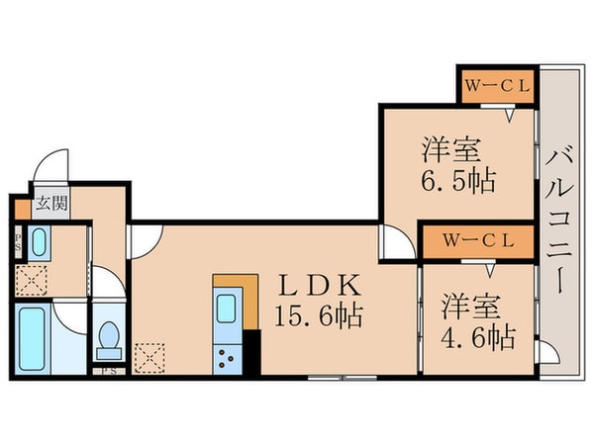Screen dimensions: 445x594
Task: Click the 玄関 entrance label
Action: pos(51,207)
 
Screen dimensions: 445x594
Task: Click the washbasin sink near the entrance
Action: pos(39,241)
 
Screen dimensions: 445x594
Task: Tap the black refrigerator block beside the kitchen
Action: pos(250,351)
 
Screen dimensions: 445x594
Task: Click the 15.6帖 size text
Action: pos(318,317)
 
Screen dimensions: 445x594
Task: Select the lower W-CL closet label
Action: pos(476,240)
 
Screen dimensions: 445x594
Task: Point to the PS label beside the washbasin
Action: pos(18,242)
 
